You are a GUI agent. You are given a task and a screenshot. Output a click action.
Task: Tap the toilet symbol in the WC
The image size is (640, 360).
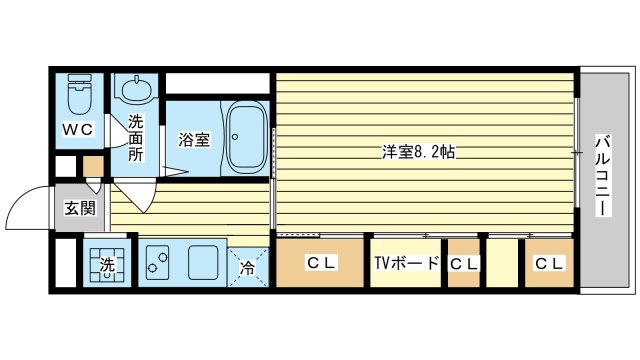(78, 95)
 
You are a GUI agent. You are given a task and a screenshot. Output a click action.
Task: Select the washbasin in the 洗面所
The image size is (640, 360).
(135, 91)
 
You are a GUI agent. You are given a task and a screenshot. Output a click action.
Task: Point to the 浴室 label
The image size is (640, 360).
(194, 140)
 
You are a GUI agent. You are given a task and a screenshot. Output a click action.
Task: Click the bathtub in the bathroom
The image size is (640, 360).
(245, 137)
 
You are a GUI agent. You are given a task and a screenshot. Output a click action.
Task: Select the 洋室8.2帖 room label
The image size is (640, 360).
(419, 153)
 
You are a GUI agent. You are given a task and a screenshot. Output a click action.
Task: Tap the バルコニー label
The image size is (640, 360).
(603, 175)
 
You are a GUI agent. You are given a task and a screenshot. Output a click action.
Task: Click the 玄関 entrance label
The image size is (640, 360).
(79, 208)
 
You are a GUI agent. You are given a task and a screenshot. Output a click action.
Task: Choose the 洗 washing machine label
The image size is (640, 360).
(107, 266)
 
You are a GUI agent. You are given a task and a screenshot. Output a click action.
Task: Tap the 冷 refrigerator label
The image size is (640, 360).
(248, 267)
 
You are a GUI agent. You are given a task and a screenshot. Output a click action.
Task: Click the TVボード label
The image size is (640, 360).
(406, 264)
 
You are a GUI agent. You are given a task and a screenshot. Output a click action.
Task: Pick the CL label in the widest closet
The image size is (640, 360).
(320, 264)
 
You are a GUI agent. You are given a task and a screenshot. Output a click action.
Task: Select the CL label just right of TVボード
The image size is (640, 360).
(463, 264)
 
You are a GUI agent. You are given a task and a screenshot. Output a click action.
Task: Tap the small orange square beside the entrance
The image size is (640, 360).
(92, 166)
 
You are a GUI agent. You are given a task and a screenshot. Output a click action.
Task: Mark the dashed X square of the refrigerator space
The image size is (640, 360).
(251, 266)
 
